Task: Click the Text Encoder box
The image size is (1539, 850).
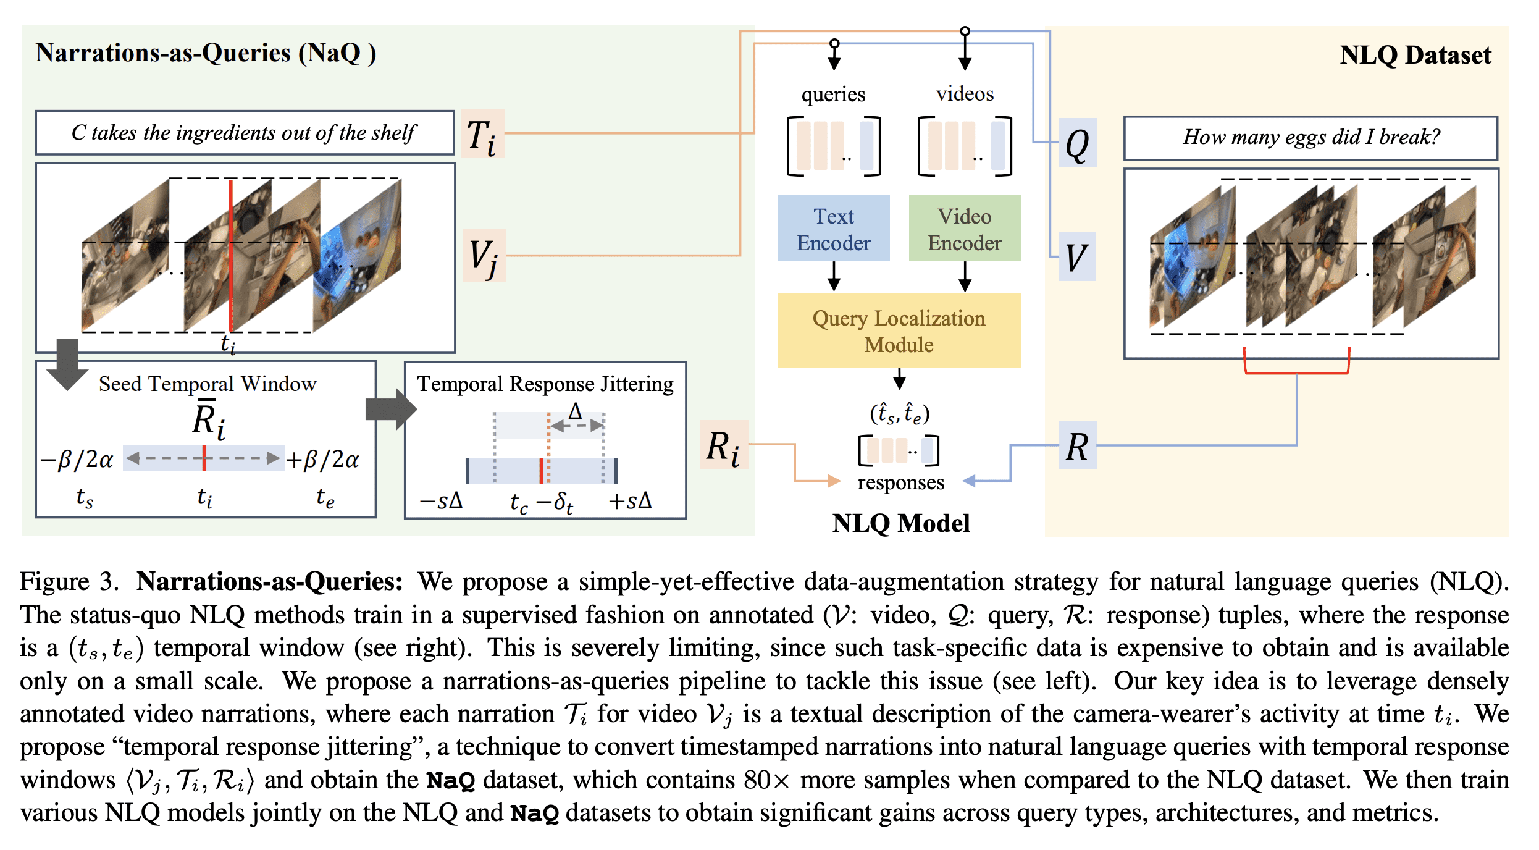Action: click(x=833, y=229)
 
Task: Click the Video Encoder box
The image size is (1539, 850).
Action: click(x=964, y=229)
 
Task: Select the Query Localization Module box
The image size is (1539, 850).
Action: click(x=899, y=330)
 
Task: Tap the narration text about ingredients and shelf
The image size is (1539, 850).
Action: click(x=244, y=133)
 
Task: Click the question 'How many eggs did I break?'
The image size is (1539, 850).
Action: click(x=1310, y=137)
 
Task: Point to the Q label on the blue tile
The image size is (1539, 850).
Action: click(x=1077, y=143)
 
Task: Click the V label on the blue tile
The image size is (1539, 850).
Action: click(x=1077, y=257)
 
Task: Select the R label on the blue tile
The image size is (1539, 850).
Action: click(x=1077, y=445)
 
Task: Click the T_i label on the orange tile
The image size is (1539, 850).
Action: click(x=482, y=135)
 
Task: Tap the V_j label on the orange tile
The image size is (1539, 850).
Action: click(x=484, y=256)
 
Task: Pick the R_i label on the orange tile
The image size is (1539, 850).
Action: click(x=723, y=446)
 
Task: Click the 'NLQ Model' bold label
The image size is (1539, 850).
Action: click(x=900, y=523)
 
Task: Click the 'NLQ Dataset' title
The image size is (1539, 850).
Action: click(x=1415, y=55)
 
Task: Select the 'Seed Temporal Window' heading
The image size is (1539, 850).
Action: click(x=208, y=384)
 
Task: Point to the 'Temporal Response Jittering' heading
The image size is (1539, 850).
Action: click(x=545, y=384)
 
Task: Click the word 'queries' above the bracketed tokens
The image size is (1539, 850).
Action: click(x=833, y=94)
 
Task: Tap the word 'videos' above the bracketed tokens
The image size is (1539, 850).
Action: click(x=965, y=94)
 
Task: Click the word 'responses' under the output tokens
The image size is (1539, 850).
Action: click(x=900, y=482)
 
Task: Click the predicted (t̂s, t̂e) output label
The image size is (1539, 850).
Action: click(x=900, y=413)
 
